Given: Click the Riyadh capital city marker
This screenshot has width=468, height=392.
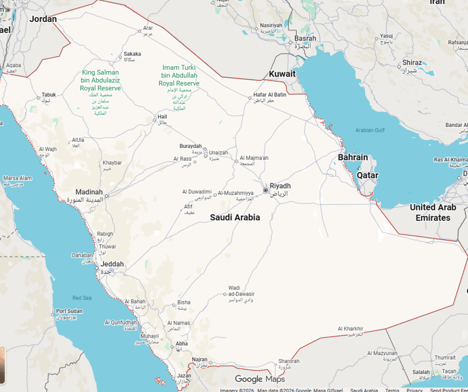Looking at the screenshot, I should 266,190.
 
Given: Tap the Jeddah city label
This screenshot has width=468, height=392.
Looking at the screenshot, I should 112,264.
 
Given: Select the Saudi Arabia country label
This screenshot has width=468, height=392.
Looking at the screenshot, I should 235,218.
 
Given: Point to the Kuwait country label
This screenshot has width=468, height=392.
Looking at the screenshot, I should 282,74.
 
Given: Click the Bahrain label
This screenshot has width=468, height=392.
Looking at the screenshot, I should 353,157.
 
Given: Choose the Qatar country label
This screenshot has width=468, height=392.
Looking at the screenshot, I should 367,175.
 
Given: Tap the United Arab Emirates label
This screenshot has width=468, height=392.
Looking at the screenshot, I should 433,212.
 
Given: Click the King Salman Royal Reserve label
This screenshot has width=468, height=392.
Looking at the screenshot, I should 101,80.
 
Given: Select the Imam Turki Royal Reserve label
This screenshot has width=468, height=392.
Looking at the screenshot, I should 179,75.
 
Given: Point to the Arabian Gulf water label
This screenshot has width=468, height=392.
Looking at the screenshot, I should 370,131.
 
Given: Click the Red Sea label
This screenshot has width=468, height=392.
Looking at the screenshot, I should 82,298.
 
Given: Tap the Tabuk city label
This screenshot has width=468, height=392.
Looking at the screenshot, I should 49,95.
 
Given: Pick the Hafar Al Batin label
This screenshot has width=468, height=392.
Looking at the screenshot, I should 270,95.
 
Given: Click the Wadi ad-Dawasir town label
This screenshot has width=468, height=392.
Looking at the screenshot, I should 241,291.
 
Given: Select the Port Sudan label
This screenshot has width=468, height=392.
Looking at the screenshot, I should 69,311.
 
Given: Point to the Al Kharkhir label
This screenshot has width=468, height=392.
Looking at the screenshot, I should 351,329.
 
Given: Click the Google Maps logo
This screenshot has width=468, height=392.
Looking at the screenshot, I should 260,379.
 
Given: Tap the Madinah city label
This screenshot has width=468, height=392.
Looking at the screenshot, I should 89,192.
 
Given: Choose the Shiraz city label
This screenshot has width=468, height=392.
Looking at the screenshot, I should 412,63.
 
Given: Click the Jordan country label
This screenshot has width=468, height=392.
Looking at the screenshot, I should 43,19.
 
